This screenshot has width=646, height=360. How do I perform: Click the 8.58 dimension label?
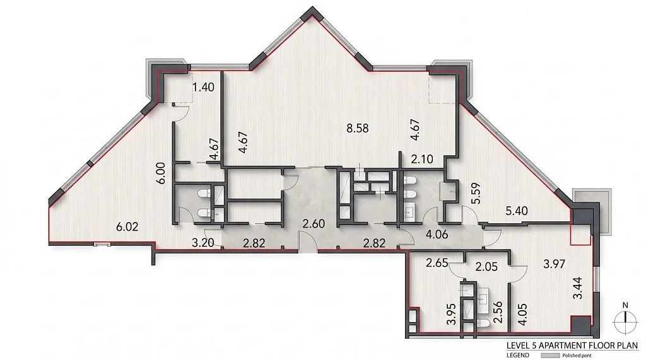[357, 129]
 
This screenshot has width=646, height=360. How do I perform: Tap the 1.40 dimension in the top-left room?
[204, 87]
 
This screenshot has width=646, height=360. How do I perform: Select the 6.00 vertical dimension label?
[161, 173]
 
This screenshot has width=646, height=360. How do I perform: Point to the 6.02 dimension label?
[127, 226]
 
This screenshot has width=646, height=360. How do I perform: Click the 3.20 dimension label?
[203, 243]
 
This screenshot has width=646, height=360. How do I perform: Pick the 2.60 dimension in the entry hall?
[314, 224]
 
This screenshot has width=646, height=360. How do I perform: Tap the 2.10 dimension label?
[422, 159]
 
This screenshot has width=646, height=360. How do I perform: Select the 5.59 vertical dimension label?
[477, 194]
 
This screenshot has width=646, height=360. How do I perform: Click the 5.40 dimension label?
[517, 211]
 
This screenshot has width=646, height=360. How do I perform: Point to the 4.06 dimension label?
[437, 235]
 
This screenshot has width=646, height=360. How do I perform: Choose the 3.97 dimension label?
[554, 264]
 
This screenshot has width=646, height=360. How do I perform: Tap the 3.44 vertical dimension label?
[578, 288]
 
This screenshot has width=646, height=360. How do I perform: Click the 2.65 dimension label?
[437, 263]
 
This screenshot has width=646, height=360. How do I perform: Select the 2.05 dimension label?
[486, 267]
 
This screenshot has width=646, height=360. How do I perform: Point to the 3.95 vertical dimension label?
[452, 314]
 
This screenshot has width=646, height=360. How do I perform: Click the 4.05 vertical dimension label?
[523, 315]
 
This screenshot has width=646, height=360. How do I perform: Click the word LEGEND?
[518, 355]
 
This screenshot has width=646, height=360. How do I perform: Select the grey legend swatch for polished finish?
[550, 355]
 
